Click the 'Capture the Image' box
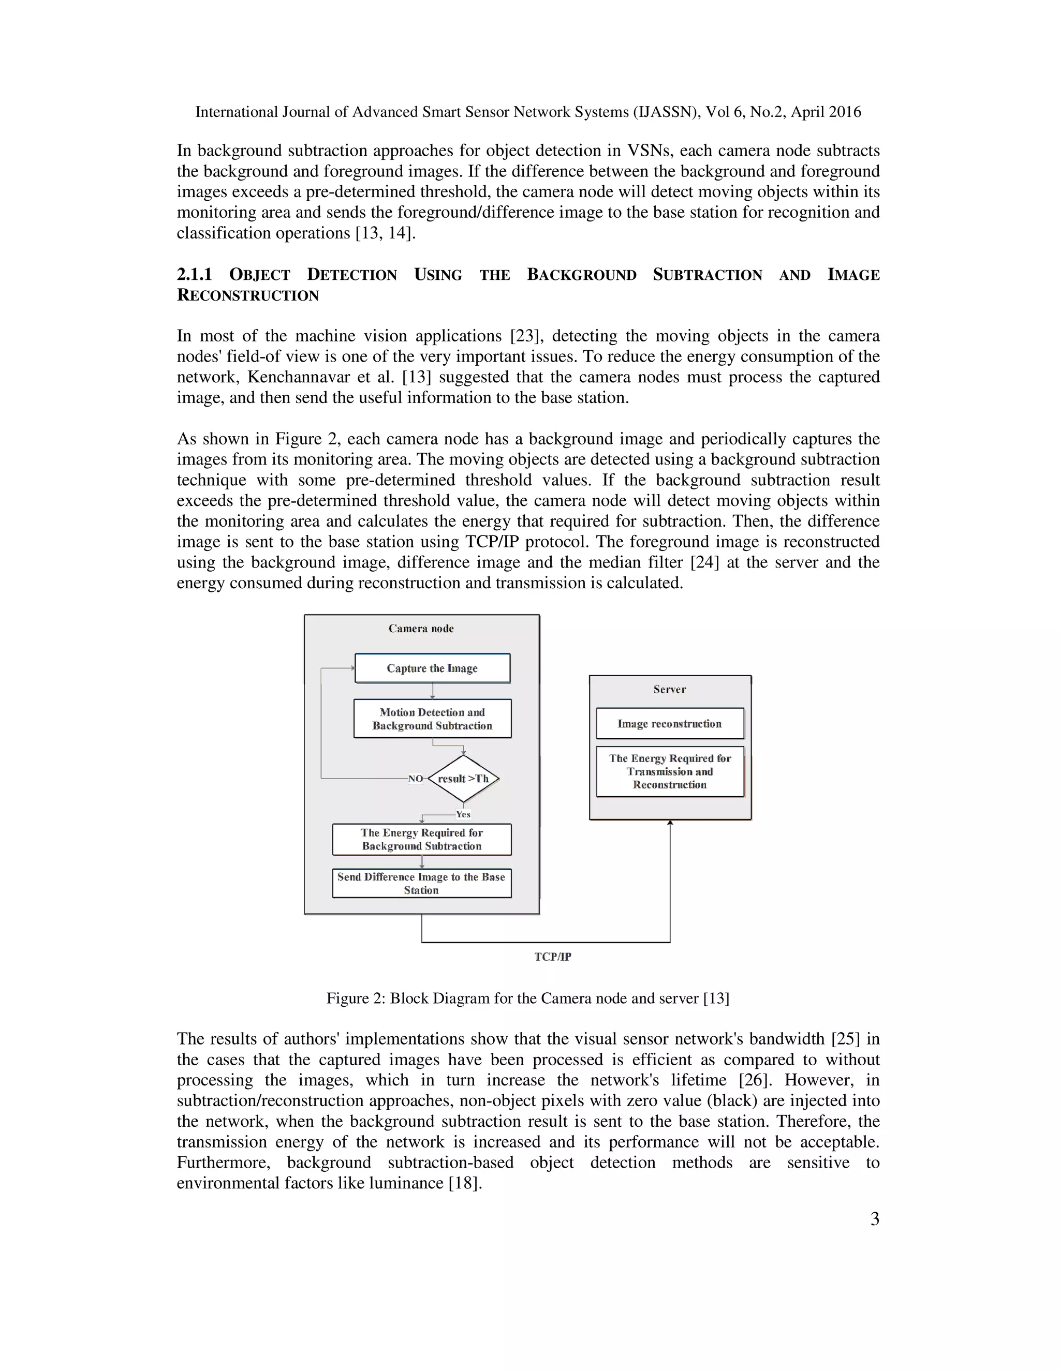coord(432,668)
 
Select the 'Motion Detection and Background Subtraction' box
coord(432,719)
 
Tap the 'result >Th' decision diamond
coord(463,779)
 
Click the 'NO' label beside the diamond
coord(416,779)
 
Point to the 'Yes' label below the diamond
coord(463,814)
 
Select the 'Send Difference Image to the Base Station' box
coord(421,883)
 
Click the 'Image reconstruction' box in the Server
coord(669,724)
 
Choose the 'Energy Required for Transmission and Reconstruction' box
coord(669,771)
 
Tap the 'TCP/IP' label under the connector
coord(553,957)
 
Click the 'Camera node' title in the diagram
coord(421,629)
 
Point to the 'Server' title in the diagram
coord(669,689)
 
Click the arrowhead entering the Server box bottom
coord(670,823)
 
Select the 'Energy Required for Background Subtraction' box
coord(421,839)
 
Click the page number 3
coord(874,1219)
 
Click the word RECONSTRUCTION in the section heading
coord(248,295)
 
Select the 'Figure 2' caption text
coord(527,998)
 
